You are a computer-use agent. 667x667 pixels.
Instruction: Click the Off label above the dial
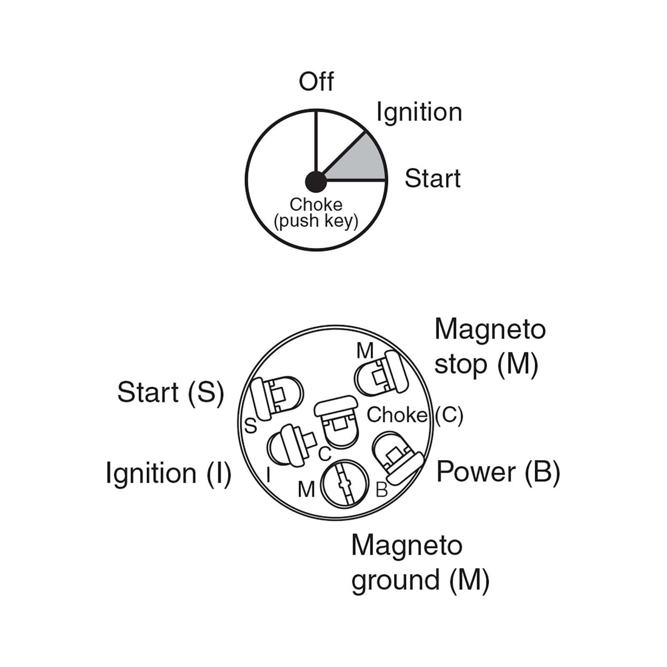click(x=316, y=82)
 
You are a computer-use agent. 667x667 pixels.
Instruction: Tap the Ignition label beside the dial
click(x=419, y=113)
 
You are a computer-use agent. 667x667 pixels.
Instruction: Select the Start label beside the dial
click(x=432, y=178)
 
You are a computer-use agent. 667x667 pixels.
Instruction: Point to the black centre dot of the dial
click(x=316, y=182)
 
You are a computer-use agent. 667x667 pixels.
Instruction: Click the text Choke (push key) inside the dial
click(x=316, y=213)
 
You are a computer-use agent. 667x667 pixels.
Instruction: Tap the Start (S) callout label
click(x=170, y=393)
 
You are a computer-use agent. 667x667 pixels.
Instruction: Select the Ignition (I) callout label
click(x=169, y=474)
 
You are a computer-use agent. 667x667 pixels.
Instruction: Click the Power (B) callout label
click(x=498, y=472)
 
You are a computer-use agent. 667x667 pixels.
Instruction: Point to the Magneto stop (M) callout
click(x=490, y=347)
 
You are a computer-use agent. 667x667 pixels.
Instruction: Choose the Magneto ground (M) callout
click(x=420, y=563)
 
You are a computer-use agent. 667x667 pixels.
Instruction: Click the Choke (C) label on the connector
click(x=415, y=415)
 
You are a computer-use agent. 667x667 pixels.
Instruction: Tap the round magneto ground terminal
click(x=343, y=484)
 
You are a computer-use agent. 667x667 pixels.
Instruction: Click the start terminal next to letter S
click(x=277, y=398)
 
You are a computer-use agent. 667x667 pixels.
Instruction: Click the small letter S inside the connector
click(x=251, y=426)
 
